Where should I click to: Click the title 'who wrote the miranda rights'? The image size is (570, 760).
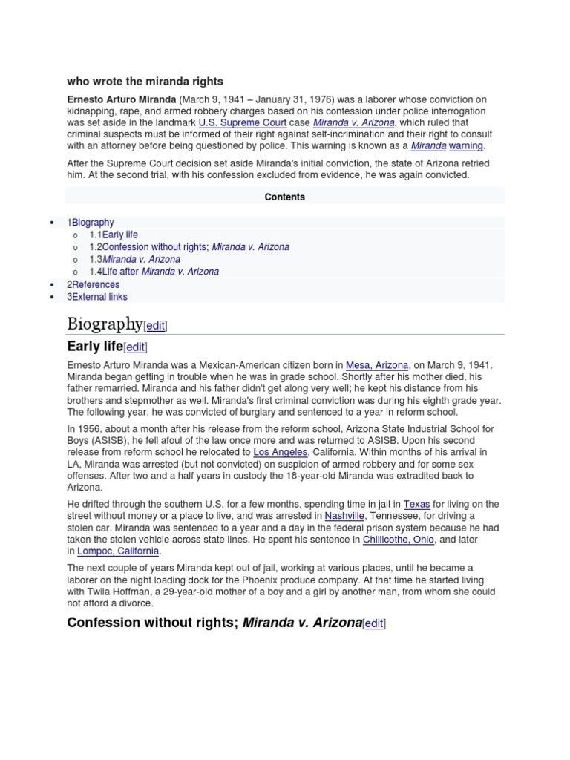click(145, 81)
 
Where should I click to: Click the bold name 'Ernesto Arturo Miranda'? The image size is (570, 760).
click(122, 99)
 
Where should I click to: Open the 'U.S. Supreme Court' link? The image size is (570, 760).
click(242, 122)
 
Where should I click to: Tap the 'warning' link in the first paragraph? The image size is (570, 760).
click(466, 146)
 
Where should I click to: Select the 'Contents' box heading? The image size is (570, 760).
click(284, 197)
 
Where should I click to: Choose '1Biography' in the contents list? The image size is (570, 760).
click(91, 222)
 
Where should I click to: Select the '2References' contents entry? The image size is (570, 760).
click(93, 284)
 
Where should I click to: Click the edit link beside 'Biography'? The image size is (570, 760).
click(156, 325)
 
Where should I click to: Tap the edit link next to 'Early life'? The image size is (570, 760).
click(136, 347)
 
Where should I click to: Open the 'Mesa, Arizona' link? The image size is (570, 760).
click(377, 365)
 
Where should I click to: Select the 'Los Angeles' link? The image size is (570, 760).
click(280, 452)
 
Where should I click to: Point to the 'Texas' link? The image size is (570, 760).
click(416, 504)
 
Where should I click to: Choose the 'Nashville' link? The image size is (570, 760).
click(344, 516)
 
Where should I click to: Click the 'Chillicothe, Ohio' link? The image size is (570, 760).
click(398, 540)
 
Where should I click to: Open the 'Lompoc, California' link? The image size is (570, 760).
click(118, 551)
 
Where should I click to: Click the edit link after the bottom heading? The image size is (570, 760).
click(374, 623)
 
